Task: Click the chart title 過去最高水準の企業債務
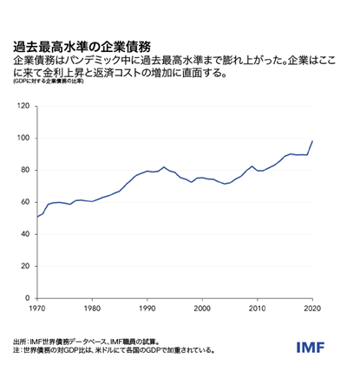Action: pyautogui.click(x=82, y=46)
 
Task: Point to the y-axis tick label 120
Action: pyautogui.click(x=23, y=106)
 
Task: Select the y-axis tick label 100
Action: pyautogui.click(x=23, y=138)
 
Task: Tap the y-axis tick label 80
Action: pyautogui.click(x=24, y=170)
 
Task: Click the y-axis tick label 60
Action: pyautogui.click(x=24, y=202)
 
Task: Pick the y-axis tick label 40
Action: pyautogui.click(x=24, y=234)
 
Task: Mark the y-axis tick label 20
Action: pyautogui.click(x=24, y=266)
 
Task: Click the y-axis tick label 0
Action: pyautogui.click(x=27, y=297)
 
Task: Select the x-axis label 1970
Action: pyautogui.click(x=37, y=309)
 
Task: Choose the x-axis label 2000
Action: pyautogui.click(x=202, y=309)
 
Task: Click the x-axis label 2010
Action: pyautogui.click(x=257, y=309)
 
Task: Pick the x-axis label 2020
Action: pyautogui.click(x=311, y=309)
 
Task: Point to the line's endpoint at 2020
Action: pyautogui.click(x=312, y=140)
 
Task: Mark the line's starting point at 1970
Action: pyautogui.click(x=37, y=216)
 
